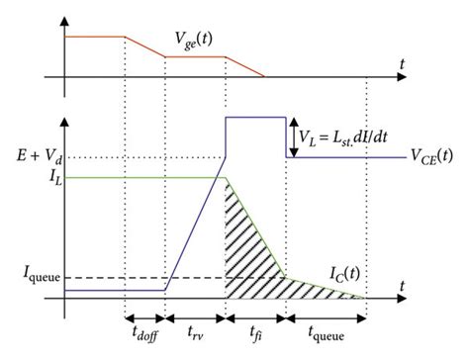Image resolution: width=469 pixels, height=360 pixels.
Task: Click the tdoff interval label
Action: (145, 331)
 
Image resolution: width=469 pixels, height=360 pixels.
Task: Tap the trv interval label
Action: (195, 330)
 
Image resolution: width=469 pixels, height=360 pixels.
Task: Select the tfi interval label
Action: (256, 330)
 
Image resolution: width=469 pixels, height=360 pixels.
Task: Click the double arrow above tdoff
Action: (145, 316)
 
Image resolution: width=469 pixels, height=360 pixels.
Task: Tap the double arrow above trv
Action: (195, 316)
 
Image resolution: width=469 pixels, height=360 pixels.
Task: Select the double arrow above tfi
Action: (256, 316)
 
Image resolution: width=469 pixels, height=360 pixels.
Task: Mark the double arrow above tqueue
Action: (327, 316)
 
